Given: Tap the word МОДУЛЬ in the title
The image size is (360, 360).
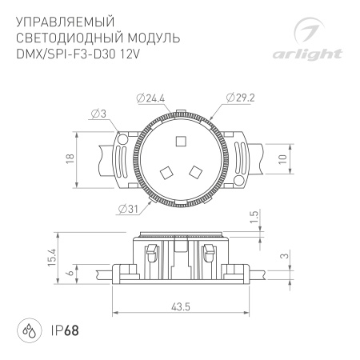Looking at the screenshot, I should (x=149, y=38).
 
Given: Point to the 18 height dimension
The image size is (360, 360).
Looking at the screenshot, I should (x=70, y=158).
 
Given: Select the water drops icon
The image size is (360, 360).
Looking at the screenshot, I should (x=28, y=330).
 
